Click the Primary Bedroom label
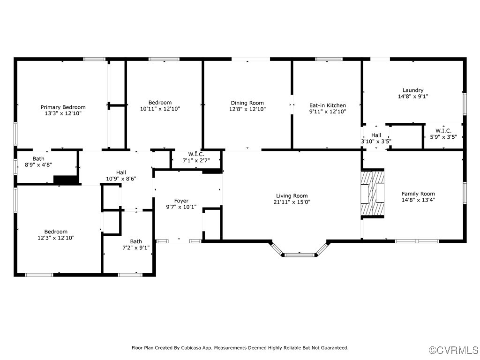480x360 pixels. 63,107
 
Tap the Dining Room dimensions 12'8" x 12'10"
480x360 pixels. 247,109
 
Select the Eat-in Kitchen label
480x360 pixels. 328,105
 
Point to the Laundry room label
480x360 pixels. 413,90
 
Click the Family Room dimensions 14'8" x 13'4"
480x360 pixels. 418,200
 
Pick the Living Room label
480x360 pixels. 292,196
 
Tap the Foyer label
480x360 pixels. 181,201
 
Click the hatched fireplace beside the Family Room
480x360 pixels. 372,194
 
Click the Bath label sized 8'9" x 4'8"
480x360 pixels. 38,158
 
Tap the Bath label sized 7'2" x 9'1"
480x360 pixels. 136,241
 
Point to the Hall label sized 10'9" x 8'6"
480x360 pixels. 121,172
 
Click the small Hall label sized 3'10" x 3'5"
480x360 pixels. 376,135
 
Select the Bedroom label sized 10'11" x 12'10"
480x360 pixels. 160,103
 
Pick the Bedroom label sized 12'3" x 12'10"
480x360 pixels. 56,232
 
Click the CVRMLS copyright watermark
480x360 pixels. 453,350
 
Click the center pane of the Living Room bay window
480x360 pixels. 300,255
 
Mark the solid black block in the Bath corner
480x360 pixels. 66,180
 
